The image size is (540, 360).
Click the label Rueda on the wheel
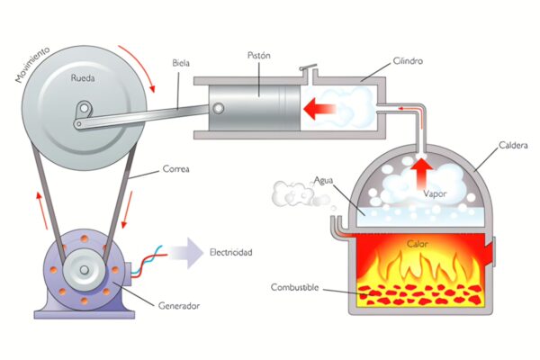coord(83,78)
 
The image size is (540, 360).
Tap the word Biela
coord(181,63)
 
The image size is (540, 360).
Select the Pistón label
coord(259,56)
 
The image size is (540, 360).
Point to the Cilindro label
coord(408,61)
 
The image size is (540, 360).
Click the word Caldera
coord(513,146)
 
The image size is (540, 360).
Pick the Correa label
coord(176,169)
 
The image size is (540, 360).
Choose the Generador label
coord(179,306)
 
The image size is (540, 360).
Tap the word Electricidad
coord(231,253)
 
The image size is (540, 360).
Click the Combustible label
coord(295,287)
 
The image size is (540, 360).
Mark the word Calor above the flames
coord(418,244)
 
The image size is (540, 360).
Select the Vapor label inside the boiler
coord(435,193)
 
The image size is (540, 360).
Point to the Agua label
coord(323,181)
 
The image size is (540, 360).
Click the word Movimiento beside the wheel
coord(32,65)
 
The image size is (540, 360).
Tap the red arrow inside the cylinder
coord(319,109)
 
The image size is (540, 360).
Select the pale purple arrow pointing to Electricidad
coord(186,253)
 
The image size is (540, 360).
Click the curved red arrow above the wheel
coord(139,66)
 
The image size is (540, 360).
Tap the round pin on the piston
coord(218,108)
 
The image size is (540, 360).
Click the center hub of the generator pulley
coord(84,269)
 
